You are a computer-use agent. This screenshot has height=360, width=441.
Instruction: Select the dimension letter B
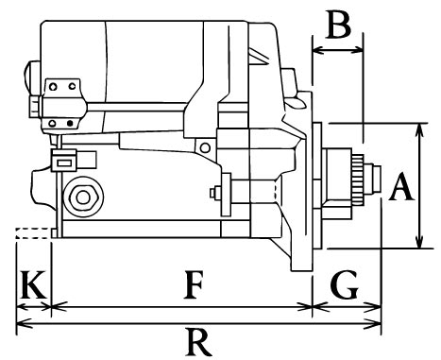[339, 25]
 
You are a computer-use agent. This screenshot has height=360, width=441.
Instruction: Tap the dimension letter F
[193, 284]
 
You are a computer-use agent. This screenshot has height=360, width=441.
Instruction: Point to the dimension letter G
[345, 284]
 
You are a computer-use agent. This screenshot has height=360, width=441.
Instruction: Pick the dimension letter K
[33, 284]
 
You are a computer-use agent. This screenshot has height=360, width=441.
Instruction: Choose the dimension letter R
[199, 342]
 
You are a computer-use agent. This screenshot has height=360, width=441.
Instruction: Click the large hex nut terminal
[83, 197]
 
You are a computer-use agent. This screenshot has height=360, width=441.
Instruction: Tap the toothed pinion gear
[358, 180]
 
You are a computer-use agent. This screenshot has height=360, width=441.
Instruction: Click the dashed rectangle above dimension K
[33, 233]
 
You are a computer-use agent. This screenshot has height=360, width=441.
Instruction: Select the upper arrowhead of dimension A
[418, 130]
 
